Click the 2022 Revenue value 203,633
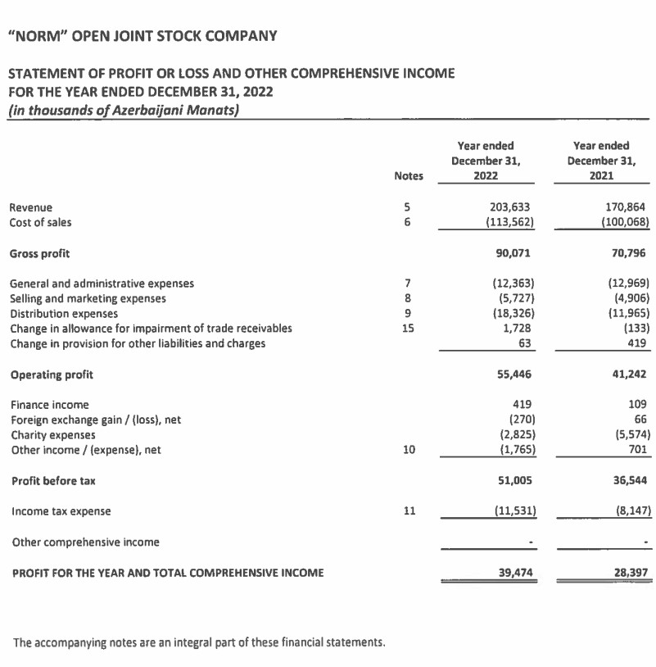[513, 208]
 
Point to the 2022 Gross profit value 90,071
[518, 253]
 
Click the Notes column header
[408, 175]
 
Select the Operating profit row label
[51, 374]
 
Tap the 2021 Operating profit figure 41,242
[631, 374]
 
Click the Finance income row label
[49, 405]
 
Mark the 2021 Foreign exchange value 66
[641, 420]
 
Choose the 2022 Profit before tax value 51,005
[518, 481]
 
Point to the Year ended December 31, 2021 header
[602, 160]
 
